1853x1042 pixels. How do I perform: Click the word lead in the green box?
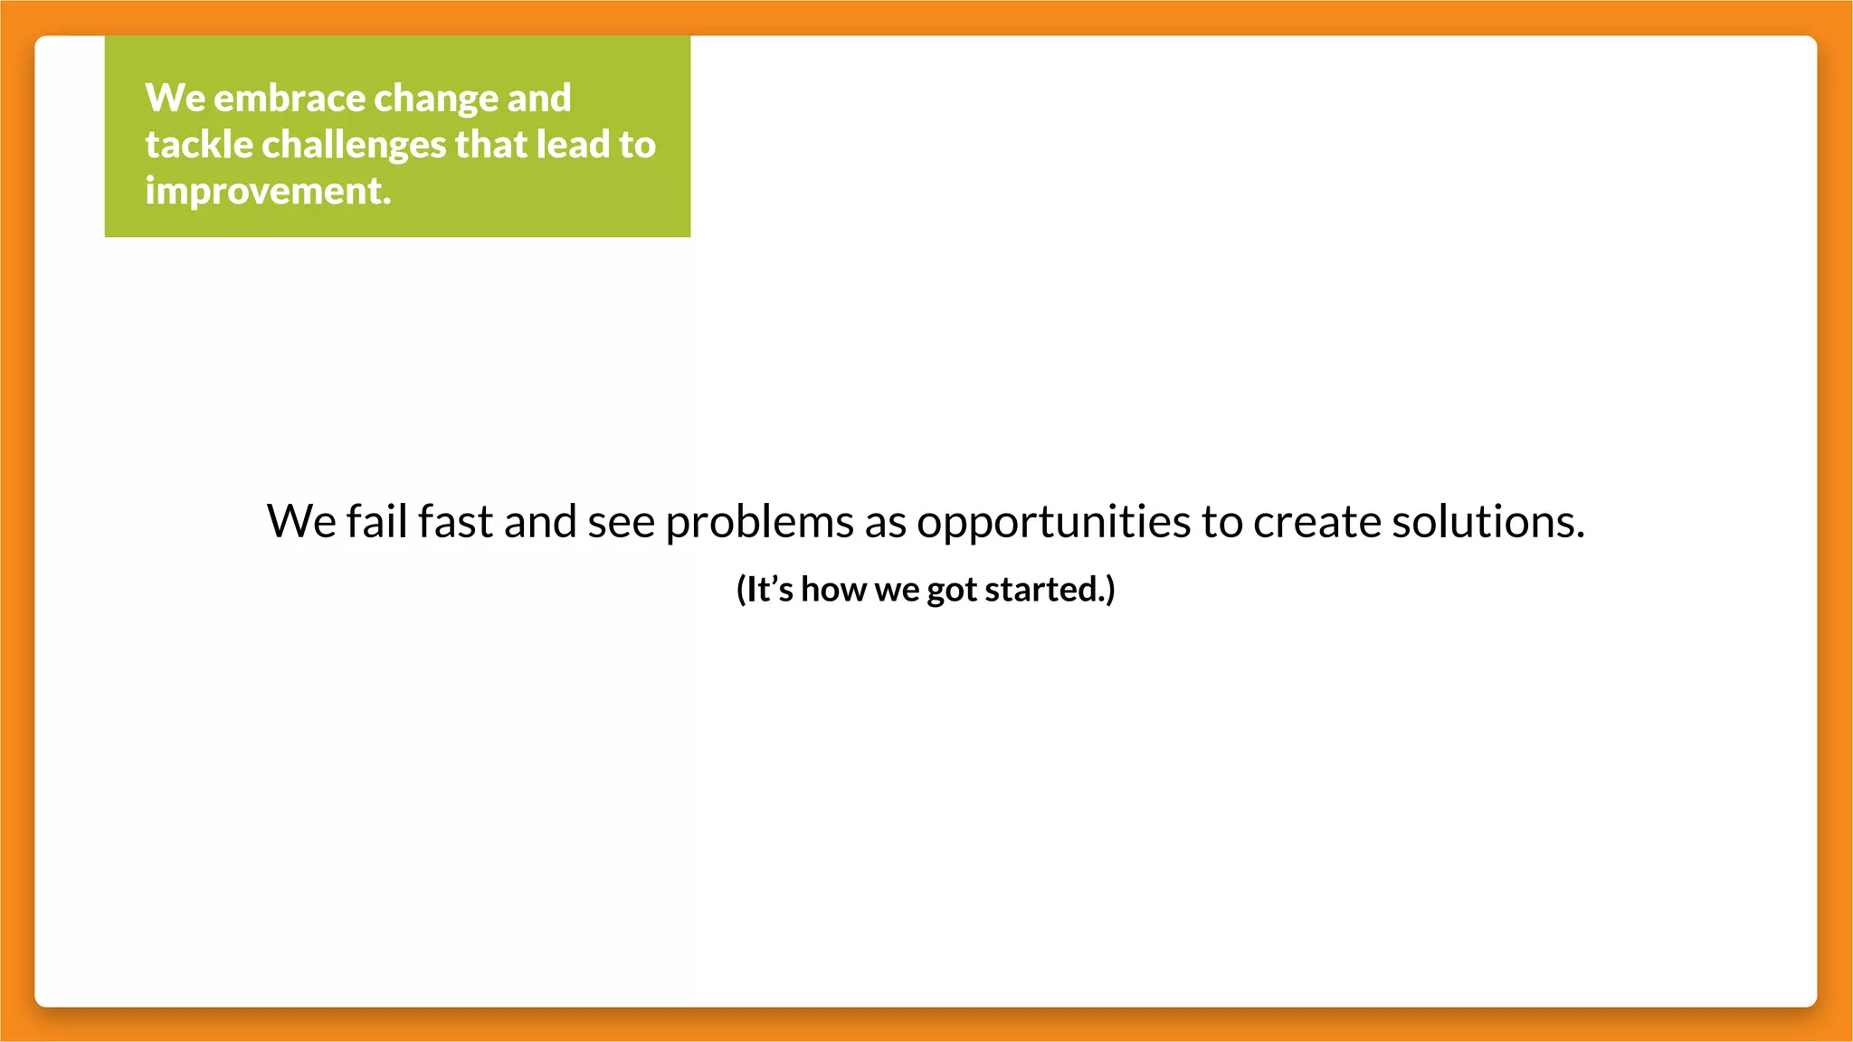pos(573,145)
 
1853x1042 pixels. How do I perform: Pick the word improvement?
pos(268,192)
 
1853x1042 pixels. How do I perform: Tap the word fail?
pos(376,522)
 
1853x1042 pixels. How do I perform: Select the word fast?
pos(455,522)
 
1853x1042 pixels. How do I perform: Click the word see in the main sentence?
pos(621,522)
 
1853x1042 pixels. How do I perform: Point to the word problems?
pos(759,522)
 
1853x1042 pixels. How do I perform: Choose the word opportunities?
pos(1053,522)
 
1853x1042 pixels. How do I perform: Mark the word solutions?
pos(1487,522)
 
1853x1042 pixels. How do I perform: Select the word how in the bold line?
pos(833,590)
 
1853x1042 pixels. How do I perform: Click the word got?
pos(952,590)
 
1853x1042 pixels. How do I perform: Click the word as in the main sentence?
pos(885,522)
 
